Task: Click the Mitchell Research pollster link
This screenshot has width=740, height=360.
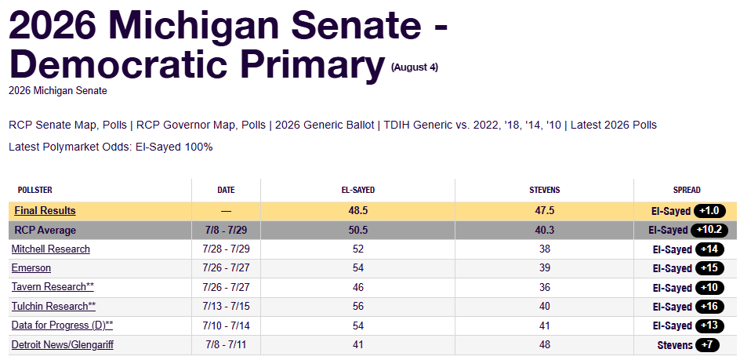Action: tap(50, 249)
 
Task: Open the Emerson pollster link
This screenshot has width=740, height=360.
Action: tap(31, 268)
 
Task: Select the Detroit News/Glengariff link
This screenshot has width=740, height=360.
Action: tap(62, 345)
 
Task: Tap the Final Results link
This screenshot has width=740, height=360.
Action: tap(45, 211)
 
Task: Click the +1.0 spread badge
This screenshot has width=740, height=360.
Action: tap(709, 211)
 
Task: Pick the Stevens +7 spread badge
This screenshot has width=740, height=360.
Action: tap(707, 345)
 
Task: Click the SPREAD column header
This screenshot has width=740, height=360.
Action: tap(687, 190)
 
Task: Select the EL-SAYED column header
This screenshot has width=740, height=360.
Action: tap(357, 190)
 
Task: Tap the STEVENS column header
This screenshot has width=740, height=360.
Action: tap(545, 190)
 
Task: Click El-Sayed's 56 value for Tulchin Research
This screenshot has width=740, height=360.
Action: tap(357, 306)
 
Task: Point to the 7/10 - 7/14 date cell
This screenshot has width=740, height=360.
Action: tap(226, 325)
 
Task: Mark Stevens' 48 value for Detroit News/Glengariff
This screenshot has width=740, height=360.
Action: tap(545, 345)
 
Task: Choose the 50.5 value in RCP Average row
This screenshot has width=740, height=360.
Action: tap(357, 230)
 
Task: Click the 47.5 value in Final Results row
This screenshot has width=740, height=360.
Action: tap(545, 211)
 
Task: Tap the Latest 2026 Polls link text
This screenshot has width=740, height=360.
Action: tap(614, 125)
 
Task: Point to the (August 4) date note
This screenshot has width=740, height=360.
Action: tap(415, 67)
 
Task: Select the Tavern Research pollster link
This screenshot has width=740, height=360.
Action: tap(53, 287)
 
